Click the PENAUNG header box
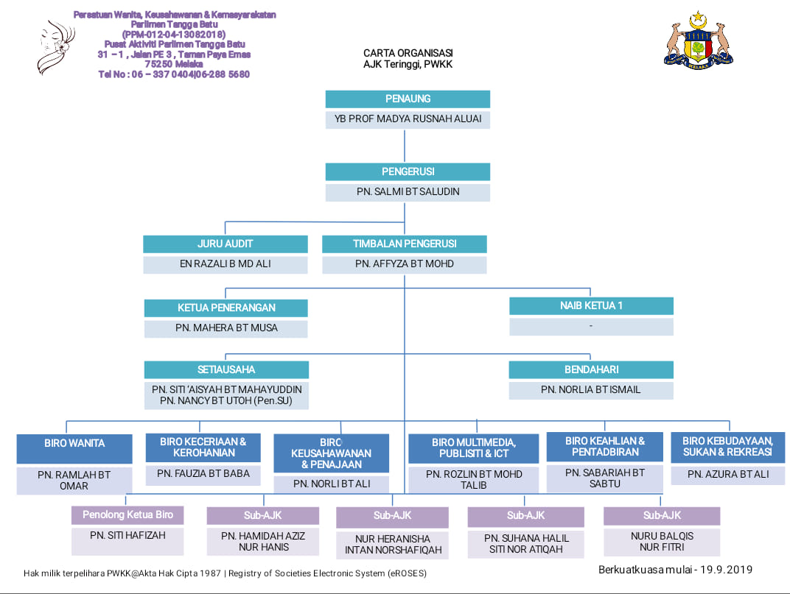click(x=408, y=99)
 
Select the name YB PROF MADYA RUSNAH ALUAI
click(x=408, y=119)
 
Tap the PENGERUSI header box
click(x=408, y=172)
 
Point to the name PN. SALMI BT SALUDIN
click(x=408, y=192)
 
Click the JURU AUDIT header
click(x=226, y=244)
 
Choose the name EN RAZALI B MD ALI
click(x=226, y=264)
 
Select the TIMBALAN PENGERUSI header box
click(x=405, y=244)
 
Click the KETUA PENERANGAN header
click(x=226, y=308)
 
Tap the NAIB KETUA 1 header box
click(x=592, y=306)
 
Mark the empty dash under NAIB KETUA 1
click(x=591, y=326)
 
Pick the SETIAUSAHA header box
click(x=226, y=370)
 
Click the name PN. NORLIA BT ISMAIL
click(x=591, y=389)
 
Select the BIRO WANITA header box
click(x=74, y=449)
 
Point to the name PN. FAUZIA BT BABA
click(x=203, y=474)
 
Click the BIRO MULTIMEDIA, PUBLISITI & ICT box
click(x=474, y=448)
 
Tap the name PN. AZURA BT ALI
click(x=728, y=474)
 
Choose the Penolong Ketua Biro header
click(x=127, y=515)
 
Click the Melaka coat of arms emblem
click(x=699, y=40)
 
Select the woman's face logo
click(x=55, y=47)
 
